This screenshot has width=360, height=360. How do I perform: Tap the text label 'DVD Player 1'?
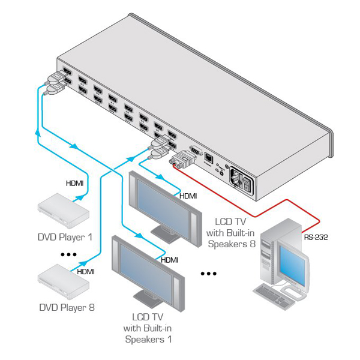[65, 237]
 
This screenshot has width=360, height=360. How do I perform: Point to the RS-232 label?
[316, 236]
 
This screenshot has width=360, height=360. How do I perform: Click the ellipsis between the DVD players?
[69, 254]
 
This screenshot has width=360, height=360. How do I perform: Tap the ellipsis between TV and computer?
[208, 274]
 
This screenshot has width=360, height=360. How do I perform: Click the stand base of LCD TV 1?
[146, 299]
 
